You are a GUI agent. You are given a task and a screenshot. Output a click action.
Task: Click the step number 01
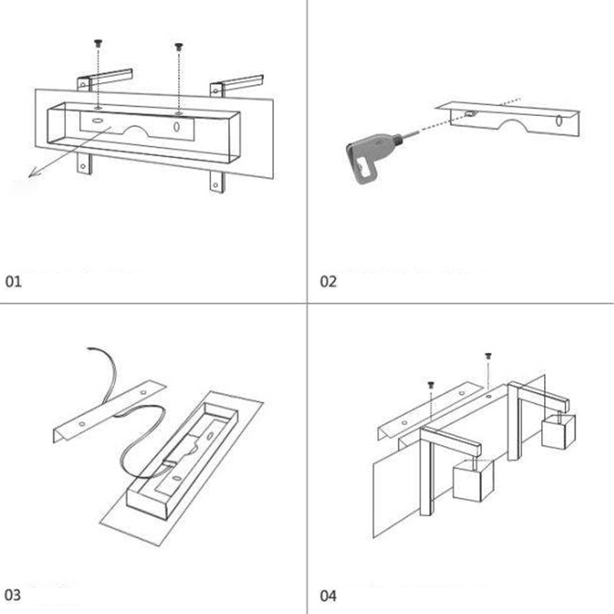15,282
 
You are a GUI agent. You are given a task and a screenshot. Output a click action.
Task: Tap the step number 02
328,282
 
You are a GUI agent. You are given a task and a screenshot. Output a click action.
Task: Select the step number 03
15,595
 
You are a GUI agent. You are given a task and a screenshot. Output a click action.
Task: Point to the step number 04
328,595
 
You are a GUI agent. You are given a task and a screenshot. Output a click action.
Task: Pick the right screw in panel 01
179,48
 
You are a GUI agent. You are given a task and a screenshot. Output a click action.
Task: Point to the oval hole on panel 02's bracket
560,120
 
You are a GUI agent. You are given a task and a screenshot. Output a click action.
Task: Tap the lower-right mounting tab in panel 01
216,181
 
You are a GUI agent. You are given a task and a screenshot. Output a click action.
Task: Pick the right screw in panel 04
488,357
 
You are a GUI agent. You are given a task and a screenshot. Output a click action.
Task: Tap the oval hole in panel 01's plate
177,127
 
